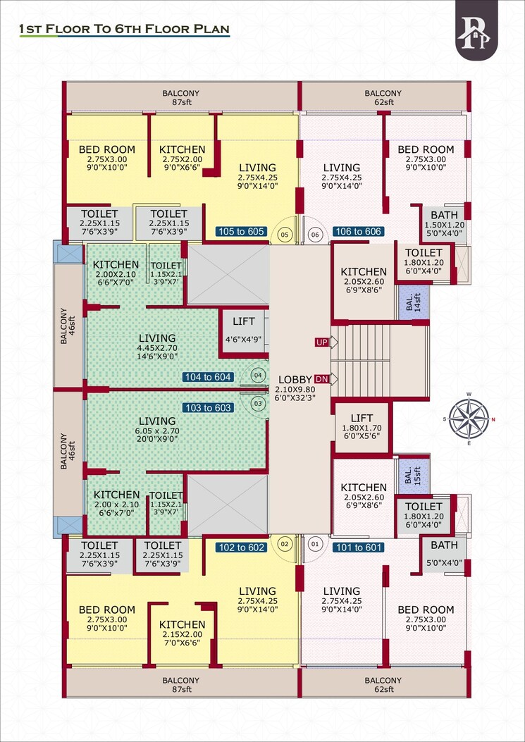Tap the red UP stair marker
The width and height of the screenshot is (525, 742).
[x=322, y=342]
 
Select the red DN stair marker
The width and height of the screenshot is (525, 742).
[x=322, y=379]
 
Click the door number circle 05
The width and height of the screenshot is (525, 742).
[x=285, y=234]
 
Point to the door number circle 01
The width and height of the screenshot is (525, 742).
[x=314, y=543]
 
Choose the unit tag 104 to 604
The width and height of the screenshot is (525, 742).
[x=208, y=377]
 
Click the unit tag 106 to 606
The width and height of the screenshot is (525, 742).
[x=358, y=232]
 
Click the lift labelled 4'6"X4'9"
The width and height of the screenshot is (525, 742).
[x=243, y=329]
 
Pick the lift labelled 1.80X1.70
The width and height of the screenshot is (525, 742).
[x=361, y=426]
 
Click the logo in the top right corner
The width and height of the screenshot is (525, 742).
[x=476, y=30]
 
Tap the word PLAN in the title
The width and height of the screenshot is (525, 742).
[x=206, y=30]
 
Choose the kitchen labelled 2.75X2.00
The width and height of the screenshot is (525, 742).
[x=182, y=154]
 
